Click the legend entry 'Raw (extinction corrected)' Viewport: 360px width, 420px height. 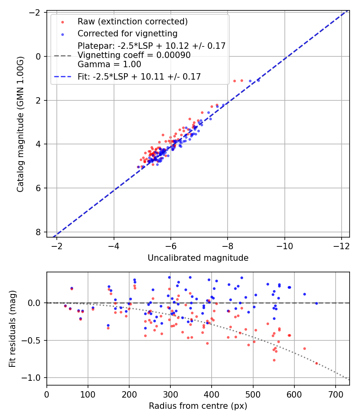(x=132, y=22)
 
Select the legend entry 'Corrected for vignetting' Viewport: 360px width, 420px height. (x=127, y=33)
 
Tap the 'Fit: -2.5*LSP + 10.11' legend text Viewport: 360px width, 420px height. (x=139, y=76)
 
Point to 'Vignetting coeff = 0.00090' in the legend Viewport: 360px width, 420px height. (x=134, y=55)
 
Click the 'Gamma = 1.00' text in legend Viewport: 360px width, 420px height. (x=109, y=64)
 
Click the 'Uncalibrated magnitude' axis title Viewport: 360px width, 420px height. (x=198, y=258)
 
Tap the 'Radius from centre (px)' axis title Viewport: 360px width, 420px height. (x=198, y=406)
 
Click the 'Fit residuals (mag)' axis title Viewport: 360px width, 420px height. (x=12, y=328)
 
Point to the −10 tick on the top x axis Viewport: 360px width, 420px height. (x=284, y=245)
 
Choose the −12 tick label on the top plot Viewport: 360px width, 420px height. (x=341, y=245)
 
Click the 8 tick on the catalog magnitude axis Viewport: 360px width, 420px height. (x=38, y=232)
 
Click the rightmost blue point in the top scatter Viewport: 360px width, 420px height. (x=258, y=80)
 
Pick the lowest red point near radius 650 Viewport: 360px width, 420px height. (x=316, y=363)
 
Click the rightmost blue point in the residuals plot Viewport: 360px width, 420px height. (x=316, y=303)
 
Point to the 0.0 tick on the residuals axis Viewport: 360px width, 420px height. (x=36, y=303)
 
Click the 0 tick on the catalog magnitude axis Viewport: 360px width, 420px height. (x=38, y=56)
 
